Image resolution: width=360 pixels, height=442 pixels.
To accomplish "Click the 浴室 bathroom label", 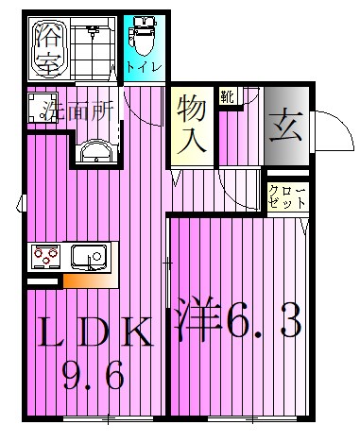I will tap(48, 49).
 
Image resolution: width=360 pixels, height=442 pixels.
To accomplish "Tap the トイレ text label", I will tap(145, 67).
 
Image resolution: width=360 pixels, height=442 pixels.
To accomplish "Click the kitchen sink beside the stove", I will tap(90, 255).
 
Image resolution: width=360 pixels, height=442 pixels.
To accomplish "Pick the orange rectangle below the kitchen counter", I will tap(90, 280).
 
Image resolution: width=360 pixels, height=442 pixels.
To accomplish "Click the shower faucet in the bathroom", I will tap(92, 31).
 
